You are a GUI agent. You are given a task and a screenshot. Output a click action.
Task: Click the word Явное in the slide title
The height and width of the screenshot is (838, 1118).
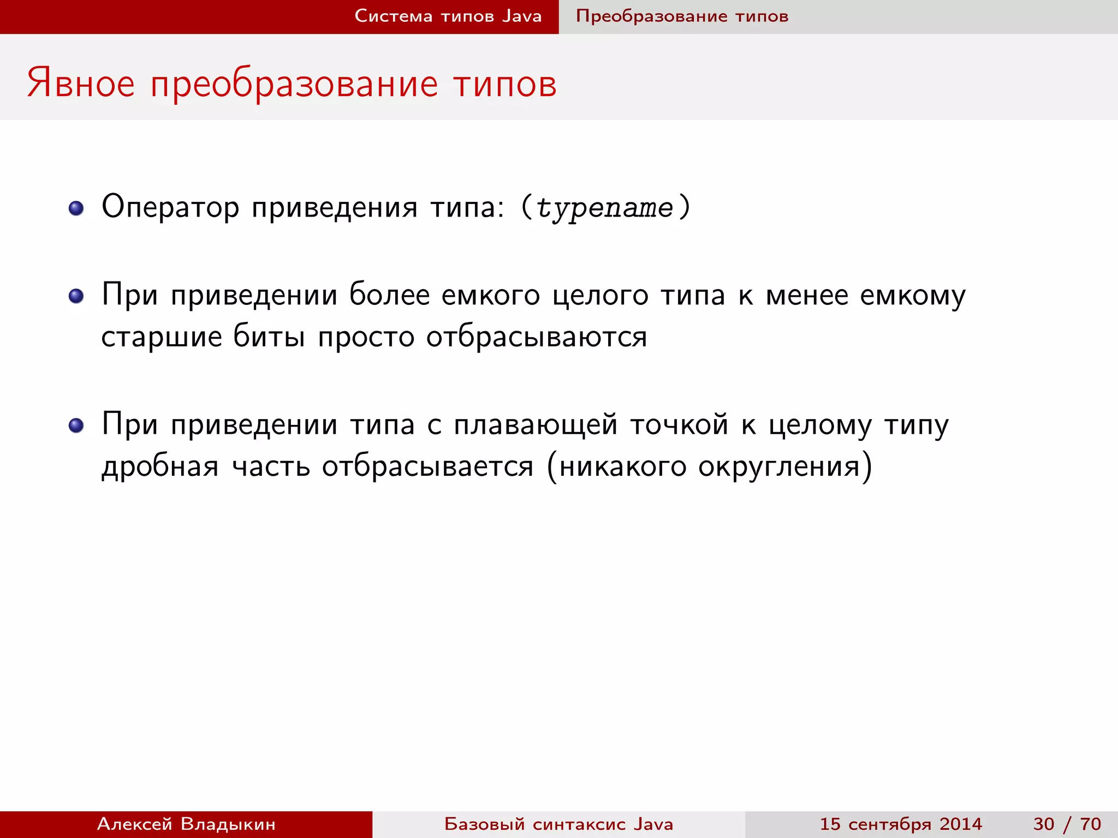81,84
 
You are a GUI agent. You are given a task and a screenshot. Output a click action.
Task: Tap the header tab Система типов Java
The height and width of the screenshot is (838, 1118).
448,16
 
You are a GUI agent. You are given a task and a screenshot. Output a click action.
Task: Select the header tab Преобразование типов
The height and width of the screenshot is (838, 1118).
682,16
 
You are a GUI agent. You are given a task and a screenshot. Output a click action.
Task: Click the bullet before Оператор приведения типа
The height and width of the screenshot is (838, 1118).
76,208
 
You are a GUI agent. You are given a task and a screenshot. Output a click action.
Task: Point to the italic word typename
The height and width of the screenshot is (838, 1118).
605,208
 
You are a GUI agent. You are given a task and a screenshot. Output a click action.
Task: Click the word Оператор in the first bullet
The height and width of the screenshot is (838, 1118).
170,207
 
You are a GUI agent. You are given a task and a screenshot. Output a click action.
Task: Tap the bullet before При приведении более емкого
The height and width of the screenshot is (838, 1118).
76,296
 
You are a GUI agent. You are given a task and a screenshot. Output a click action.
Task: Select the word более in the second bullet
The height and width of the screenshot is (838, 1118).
389,295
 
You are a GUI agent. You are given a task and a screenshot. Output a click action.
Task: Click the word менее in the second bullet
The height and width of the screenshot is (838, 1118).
807,295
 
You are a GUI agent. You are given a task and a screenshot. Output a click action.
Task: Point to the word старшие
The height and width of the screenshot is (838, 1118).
162,337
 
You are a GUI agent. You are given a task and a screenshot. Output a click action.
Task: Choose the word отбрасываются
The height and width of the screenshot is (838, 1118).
537,337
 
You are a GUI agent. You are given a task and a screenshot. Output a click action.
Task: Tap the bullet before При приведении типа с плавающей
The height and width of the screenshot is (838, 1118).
76,426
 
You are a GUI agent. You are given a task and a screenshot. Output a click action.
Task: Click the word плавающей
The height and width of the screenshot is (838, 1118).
536,425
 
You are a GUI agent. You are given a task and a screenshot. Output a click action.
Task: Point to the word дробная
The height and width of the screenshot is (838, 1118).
160,466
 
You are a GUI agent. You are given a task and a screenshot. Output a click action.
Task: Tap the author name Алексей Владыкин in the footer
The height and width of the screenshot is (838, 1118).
186,824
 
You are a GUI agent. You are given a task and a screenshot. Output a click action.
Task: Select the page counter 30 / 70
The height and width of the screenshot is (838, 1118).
1067,824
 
